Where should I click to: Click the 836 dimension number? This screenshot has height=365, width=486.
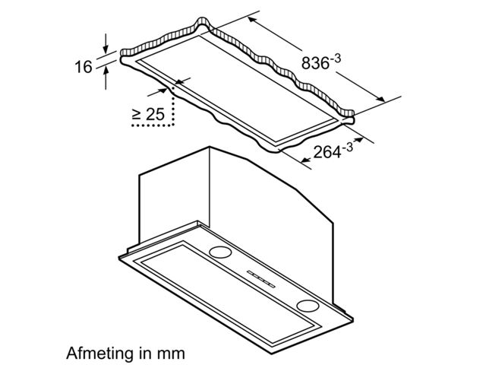(315, 63)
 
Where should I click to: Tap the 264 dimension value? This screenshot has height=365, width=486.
(327, 152)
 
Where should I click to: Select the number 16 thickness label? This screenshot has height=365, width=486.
(84, 67)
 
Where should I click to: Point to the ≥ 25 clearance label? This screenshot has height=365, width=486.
(149, 114)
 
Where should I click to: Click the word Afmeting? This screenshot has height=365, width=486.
(97, 353)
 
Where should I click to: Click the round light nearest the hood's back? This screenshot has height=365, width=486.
(220, 252)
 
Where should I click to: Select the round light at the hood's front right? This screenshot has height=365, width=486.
(308, 306)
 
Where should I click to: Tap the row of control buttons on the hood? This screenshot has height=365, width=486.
(261, 279)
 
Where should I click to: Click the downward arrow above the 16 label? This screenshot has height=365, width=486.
(106, 44)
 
